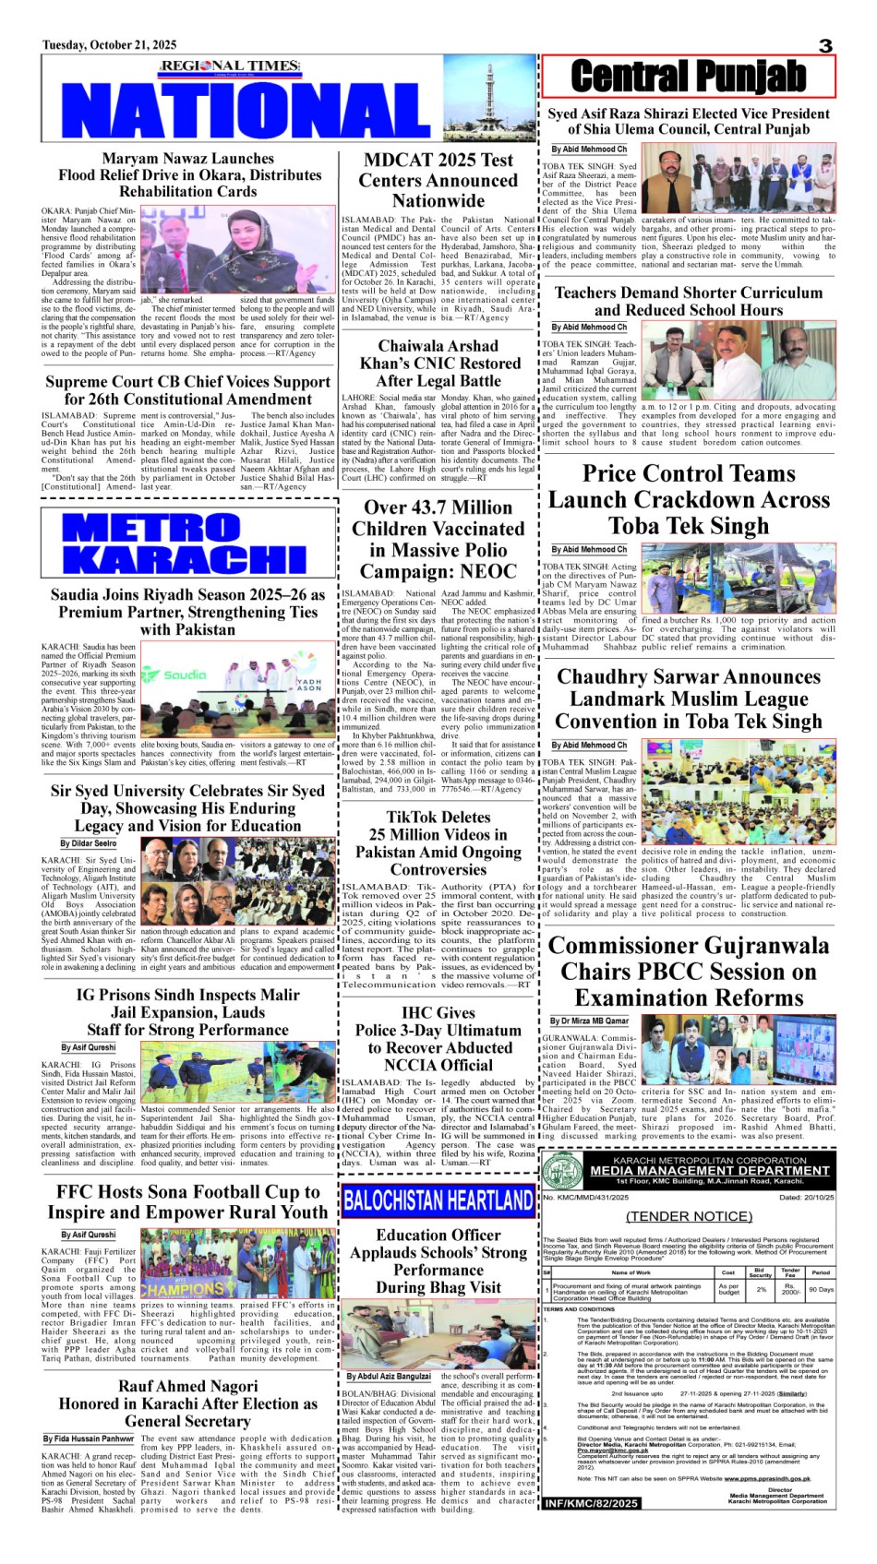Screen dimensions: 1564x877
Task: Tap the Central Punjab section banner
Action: tap(688, 77)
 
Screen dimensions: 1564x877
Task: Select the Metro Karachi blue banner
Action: tap(186, 543)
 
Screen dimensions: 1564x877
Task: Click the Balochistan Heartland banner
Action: tap(438, 1200)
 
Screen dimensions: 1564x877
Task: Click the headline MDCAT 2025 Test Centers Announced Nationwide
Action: tap(438, 180)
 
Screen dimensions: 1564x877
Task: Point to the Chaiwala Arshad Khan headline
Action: tap(438, 363)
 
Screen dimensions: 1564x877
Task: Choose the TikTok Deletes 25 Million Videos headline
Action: tap(438, 842)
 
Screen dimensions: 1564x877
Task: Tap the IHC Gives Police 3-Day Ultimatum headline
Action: tap(438, 1038)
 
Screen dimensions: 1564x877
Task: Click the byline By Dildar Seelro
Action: tap(89, 843)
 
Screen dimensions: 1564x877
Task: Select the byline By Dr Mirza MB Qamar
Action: tap(590, 1021)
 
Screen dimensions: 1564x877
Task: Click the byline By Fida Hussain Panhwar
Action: tap(89, 1439)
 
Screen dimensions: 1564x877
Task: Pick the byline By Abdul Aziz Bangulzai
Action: tap(389, 1376)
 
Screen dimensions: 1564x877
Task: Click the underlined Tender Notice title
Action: tap(689, 1216)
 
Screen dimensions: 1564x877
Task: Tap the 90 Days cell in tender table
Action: tap(821, 1289)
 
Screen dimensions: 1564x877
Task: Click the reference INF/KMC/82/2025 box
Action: tap(592, 1504)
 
